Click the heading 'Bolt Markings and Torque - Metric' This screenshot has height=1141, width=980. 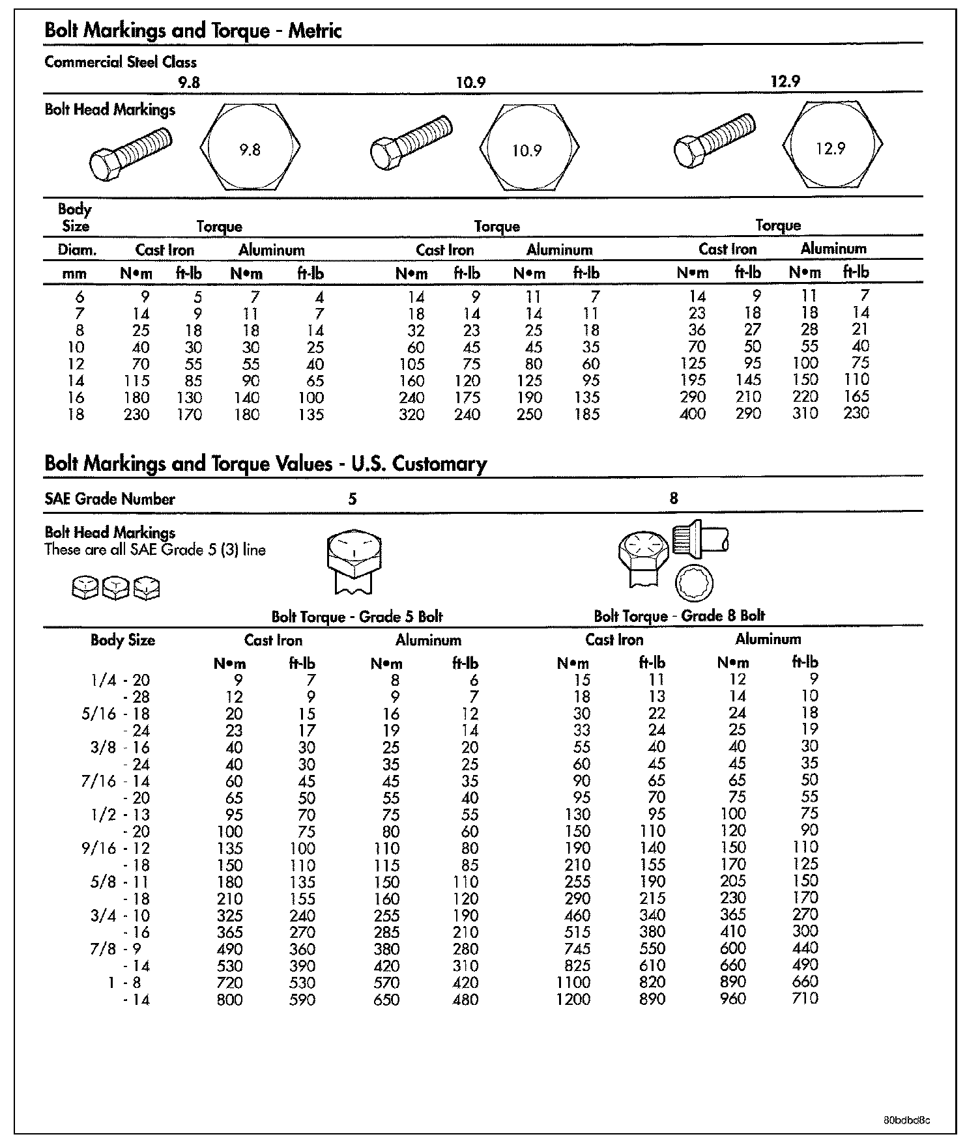193,31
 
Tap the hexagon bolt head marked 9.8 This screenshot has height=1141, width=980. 250,147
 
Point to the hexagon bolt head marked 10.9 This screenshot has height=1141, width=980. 528,148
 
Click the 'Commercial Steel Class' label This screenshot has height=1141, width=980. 121,63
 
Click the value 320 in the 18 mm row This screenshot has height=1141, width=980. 412,414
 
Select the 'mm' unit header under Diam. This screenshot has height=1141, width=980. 74,274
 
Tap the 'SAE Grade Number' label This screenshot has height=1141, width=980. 109,500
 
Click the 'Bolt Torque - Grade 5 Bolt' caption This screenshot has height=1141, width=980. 357,617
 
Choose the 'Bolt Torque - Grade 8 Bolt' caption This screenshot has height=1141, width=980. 679,615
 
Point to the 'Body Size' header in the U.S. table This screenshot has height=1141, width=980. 122,640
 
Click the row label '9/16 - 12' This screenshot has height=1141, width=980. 116,849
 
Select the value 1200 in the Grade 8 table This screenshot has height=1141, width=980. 573,999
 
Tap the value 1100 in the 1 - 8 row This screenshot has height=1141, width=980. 573,982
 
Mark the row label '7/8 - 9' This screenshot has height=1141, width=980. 116,949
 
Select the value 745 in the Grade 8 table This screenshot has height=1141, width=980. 577,949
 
